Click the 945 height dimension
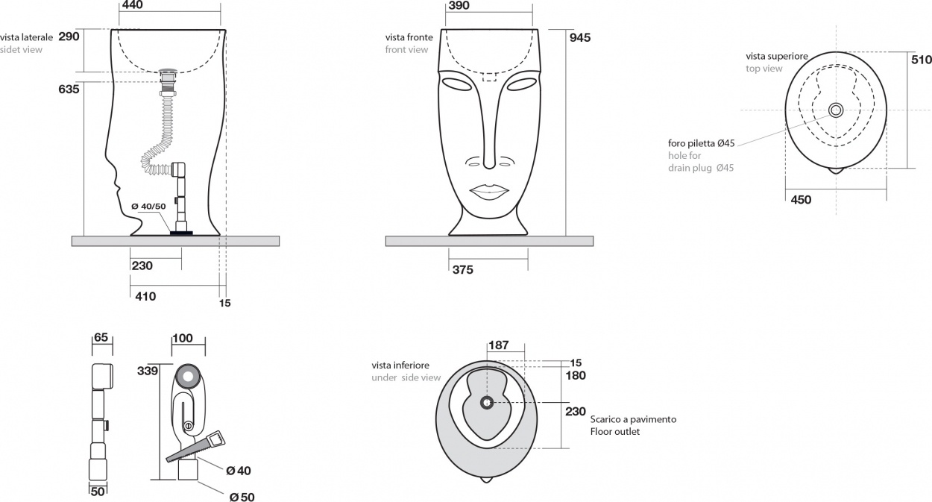(580, 38)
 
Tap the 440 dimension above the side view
(133, 5)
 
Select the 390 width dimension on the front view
(459, 5)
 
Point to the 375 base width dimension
(463, 270)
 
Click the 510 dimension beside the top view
(921, 60)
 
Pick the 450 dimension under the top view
(801, 200)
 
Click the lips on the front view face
(489, 192)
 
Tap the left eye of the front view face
(458, 84)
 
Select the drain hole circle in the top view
(836, 110)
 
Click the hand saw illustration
(195, 447)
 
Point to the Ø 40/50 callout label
(148, 207)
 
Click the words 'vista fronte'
(409, 37)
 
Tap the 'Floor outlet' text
(615, 432)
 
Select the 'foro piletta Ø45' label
(702, 143)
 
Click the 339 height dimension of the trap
(148, 371)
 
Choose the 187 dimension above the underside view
(499, 345)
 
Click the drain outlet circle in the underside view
(487, 403)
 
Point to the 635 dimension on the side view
(69, 89)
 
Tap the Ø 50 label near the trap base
(242, 497)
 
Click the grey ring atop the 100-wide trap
(188, 376)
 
